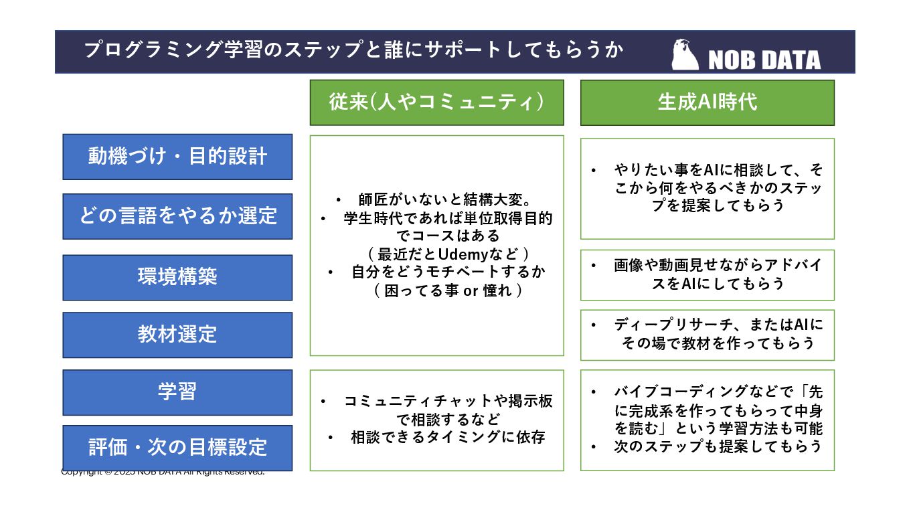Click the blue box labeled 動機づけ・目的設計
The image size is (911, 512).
177,157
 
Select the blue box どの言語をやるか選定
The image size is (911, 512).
177,216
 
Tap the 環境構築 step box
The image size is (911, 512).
177,277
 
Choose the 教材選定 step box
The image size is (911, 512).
177,335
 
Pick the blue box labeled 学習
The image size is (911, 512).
177,392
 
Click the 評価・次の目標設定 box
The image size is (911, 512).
177,448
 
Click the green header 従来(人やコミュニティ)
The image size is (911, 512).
436,102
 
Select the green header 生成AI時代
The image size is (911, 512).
707,102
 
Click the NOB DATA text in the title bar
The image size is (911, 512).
764,60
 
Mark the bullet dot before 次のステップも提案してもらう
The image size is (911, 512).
594,446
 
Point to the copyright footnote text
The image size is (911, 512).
163,472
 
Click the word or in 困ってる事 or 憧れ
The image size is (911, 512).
470,291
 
